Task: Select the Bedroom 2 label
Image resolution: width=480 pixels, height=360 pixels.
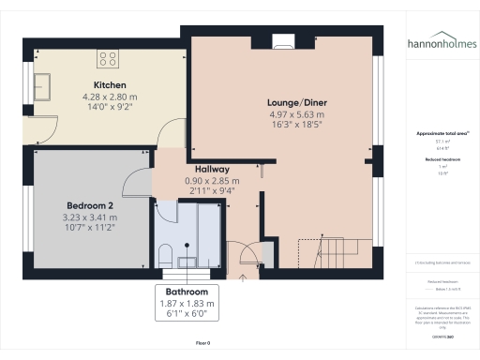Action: (x=91, y=205)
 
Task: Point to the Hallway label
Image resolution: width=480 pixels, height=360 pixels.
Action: (x=214, y=170)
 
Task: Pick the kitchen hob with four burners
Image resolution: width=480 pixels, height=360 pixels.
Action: (x=108, y=58)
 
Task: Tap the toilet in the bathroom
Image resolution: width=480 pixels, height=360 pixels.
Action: (x=164, y=253)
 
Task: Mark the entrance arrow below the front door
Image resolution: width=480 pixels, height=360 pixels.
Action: (x=243, y=277)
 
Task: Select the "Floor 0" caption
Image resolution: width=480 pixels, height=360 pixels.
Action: (x=202, y=344)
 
